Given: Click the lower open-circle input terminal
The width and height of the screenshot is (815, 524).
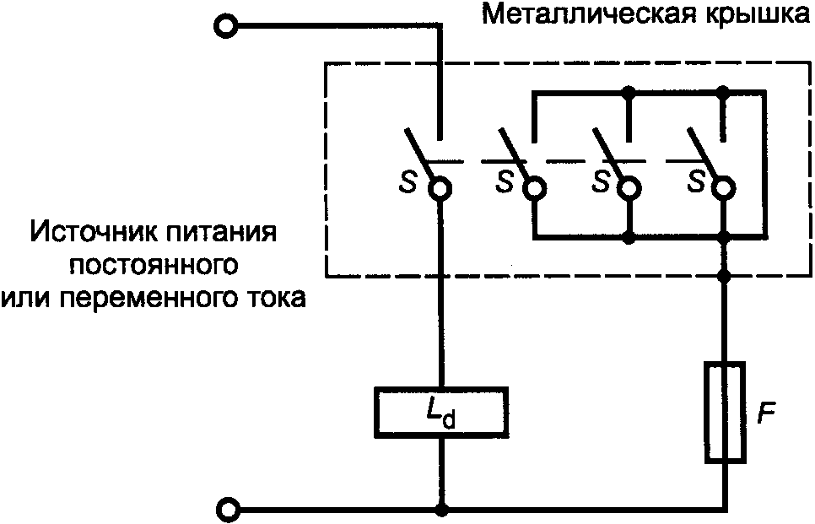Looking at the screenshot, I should tap(228, 510).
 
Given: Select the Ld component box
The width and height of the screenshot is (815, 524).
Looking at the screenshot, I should tap(440, 412).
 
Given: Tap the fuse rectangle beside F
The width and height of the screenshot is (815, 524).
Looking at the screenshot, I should tap(724, 412).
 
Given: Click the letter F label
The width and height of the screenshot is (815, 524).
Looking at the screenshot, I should tap(765, 414).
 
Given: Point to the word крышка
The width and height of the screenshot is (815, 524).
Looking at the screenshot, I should tap(751, 16).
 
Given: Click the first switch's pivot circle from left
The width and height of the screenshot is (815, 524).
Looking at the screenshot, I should tap(440, 189).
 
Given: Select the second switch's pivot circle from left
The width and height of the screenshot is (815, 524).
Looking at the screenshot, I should tap(534, 189).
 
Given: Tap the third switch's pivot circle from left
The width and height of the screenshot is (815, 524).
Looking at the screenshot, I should tap(628, 189).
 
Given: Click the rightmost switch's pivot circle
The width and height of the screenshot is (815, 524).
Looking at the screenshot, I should tap(723, 189).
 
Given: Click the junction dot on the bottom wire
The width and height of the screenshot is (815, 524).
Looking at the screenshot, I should tap(440, 510).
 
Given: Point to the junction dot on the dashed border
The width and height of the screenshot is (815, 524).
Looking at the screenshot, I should tap(723, 275).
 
